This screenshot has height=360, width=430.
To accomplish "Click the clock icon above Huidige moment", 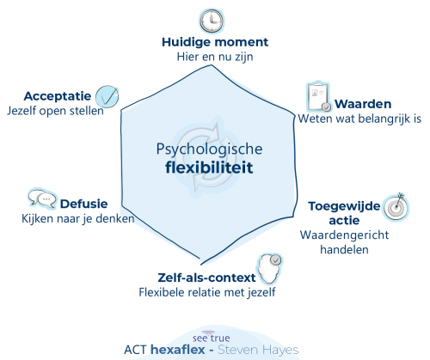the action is coord(212,21).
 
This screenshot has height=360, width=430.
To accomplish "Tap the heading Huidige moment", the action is coord(215,42).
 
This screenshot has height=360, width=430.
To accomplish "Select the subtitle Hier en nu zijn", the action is coord(215,57).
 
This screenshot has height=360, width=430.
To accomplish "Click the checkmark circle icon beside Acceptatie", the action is coord(107,96).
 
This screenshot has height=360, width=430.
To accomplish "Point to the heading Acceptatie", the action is coord(58,96).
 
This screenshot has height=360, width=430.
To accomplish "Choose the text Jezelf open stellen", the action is coord(55,111).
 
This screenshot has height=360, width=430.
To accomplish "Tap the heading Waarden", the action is coord(363,104).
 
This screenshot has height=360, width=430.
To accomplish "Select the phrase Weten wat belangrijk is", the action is coord(359,119).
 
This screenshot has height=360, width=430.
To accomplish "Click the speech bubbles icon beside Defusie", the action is coord(42,198).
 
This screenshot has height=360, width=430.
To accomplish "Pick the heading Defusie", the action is coord(84,204).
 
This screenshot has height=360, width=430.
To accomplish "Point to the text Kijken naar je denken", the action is coord(78,219).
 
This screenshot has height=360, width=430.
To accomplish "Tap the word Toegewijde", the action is coord(344,206).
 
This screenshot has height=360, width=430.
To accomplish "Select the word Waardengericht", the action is coord(344,235).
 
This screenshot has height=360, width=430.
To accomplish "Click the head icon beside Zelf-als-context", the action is coord(269,269).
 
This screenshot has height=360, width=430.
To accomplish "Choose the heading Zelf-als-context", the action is coord(206,278).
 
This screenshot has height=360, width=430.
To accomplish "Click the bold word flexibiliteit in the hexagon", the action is coord(209,168).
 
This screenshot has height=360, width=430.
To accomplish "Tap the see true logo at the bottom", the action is coord(212,337).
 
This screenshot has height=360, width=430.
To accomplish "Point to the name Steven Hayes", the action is coord(258,350).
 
